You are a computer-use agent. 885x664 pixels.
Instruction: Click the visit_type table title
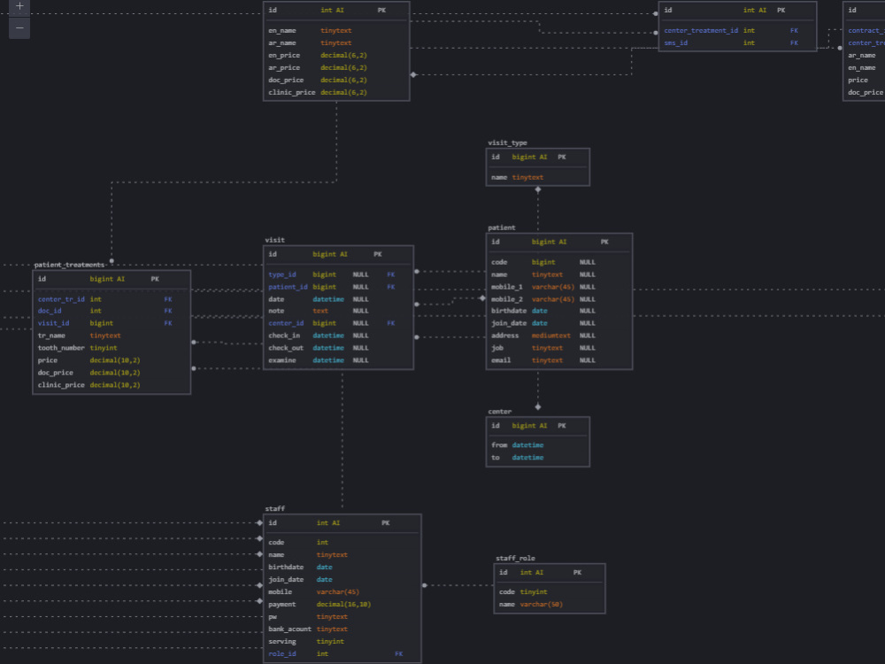pyautogui.click(x=507, y=143)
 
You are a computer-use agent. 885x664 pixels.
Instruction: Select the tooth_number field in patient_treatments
pyautogui.click(x=61, y=348)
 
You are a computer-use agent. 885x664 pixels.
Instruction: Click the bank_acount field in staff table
pyautogui.click(x=289, y=629)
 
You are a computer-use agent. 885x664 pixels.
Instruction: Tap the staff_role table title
pyautogui.click(x=515, y=559)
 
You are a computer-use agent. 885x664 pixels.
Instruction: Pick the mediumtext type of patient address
pyautogui.click(x=550, y=336)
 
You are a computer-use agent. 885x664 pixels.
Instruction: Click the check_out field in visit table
pyautogui.click(x=285, y=348)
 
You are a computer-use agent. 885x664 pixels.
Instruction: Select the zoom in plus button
pyautogui.click(x=19, y=6)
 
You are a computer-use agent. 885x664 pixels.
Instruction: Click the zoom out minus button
pyautogui.click(x=19, y=27)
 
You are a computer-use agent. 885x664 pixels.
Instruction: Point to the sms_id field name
pyautogui.click(x=676, y=42)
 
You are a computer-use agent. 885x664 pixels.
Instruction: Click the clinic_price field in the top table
pyautogui.click(x=291, y=92)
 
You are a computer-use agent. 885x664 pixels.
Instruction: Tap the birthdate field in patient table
pyautogui.click(x=509, y=311)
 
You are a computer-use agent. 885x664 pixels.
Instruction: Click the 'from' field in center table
pyautogui.click(x=499, y=445)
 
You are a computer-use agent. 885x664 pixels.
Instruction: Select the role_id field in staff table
pyautogui.click(x=282, y=653)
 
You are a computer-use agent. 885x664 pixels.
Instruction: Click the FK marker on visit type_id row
pyautogui.click(x=390, y=274)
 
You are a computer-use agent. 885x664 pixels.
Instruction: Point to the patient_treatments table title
pyautogui.click(x=69, y=265)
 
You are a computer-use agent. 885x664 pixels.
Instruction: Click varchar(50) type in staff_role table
pyautogui.click(x=541, y=605)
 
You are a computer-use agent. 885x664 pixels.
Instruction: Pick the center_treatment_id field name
pyautogui.click(x=701, y=30)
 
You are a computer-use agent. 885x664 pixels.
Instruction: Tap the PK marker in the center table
pyautogui.click(x=561, y=426)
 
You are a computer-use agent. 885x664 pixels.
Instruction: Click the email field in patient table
pyautogui.click(x=500, y=360)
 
